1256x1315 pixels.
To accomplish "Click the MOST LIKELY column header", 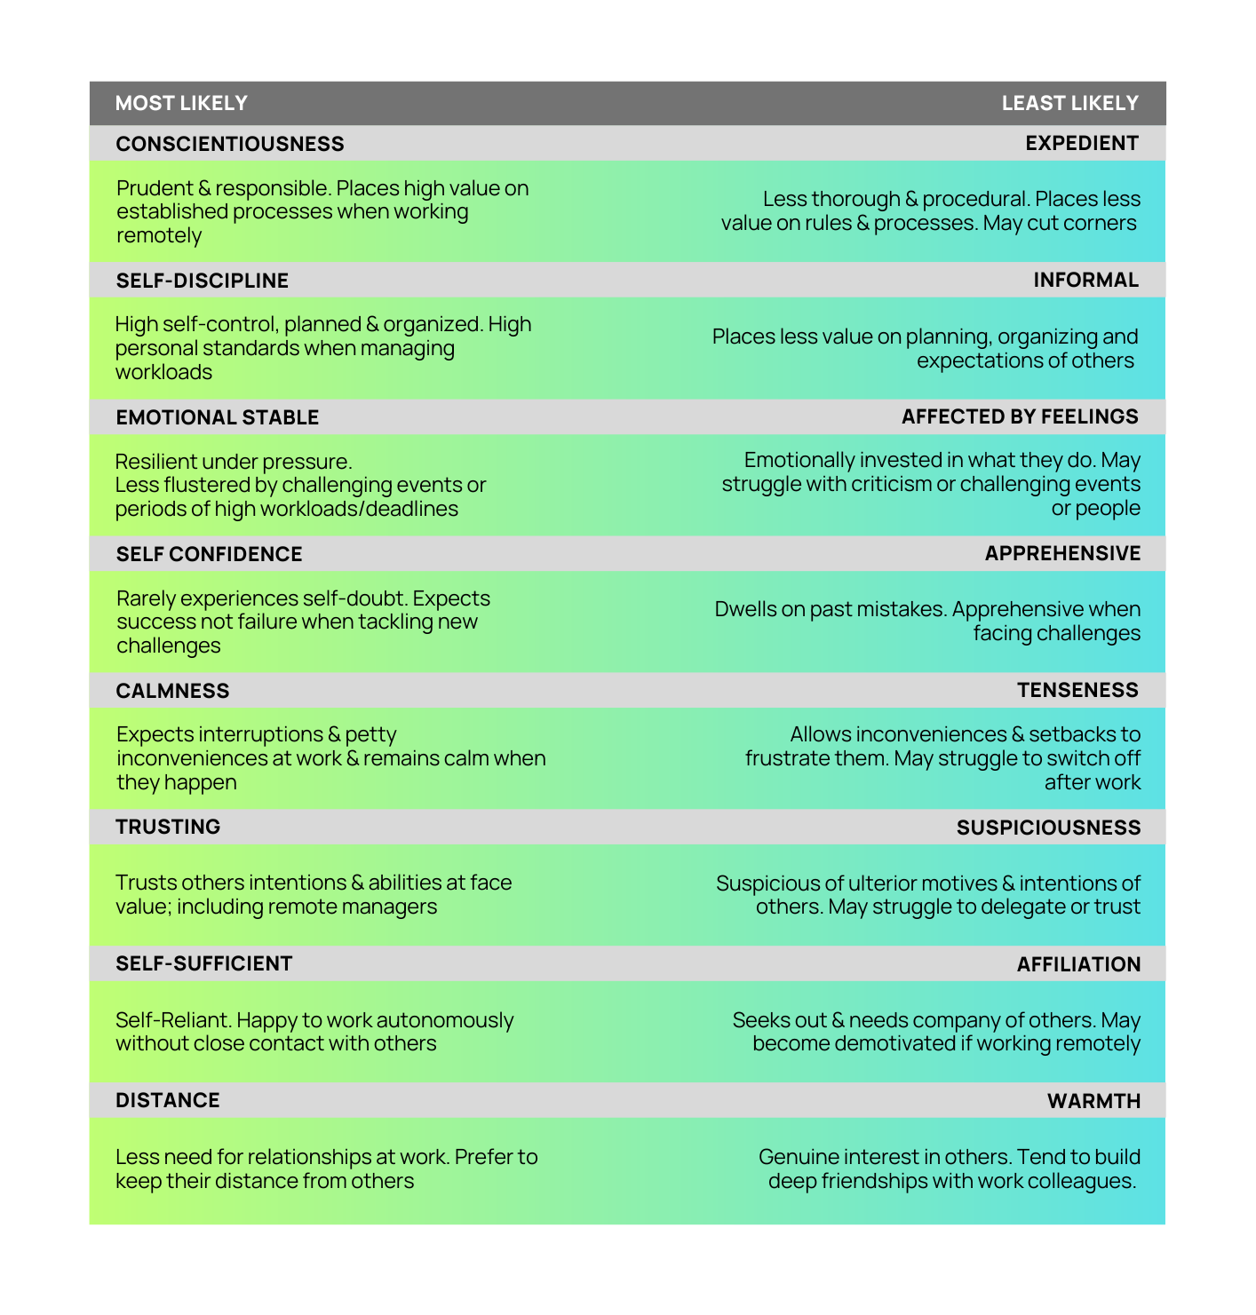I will coord(181,103).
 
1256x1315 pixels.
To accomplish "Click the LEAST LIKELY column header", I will coord(1069,103).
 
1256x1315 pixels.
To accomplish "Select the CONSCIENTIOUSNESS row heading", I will coord(230,144).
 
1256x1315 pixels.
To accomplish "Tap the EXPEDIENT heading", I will coord(1081,143).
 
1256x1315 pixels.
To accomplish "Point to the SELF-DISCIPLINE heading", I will coord(203,281).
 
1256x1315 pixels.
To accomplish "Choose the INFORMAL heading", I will coord(1085,280).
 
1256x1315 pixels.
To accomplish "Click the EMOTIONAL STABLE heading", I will coord(218,417).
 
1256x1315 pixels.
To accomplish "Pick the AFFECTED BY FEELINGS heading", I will coord(1020,416).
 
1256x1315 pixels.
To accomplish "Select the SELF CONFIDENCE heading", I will coord(210,554).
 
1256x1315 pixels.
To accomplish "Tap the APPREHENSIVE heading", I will coord(1062,553).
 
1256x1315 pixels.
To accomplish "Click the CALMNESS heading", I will coord(172,691).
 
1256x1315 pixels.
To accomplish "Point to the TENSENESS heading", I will coord(1077,690).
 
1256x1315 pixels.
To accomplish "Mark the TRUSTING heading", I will coord(168,827).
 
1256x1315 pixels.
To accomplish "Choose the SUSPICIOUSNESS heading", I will coord(1048,828).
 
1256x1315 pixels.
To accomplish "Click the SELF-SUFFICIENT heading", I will coord(204,963).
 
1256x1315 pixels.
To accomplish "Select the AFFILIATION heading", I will coord(1078,964).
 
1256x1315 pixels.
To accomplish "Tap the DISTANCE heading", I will coord(168,1100).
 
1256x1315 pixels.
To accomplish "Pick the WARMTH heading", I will coord(1093,1101).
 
